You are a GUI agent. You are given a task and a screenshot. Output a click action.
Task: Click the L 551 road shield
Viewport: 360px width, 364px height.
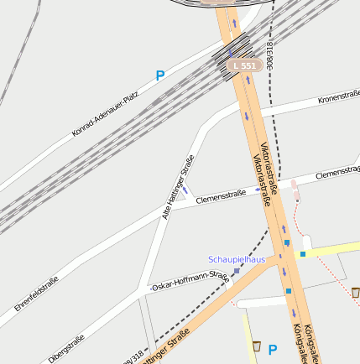pyautogui.click(x=243, y=65)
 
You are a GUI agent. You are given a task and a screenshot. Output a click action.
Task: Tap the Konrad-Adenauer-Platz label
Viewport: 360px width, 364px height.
pyautogui.click(x=105, y=113)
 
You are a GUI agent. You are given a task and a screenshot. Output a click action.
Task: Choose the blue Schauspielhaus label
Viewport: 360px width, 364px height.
pyautogui.click(x=237, y=259)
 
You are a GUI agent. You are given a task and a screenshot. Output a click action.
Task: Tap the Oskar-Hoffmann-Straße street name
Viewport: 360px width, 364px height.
pyautogui.click(x=190, y=281)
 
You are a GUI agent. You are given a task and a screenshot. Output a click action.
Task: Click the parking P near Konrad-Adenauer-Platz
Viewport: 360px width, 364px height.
pyautogui.click(x=159, y=75)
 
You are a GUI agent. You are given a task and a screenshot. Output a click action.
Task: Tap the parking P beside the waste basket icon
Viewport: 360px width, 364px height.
pyautogui.click(x=272, y=350)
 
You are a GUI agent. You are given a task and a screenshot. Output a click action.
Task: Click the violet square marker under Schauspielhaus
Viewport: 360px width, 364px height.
pyautogui.click(x=237, y=271)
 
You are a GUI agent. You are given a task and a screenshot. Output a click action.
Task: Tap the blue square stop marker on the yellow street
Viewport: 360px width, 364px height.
pyautogui.click(x=303, y=252)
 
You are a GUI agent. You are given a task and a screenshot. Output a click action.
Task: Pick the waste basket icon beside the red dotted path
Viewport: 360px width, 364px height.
pyautogui.click(x=356, y=292)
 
